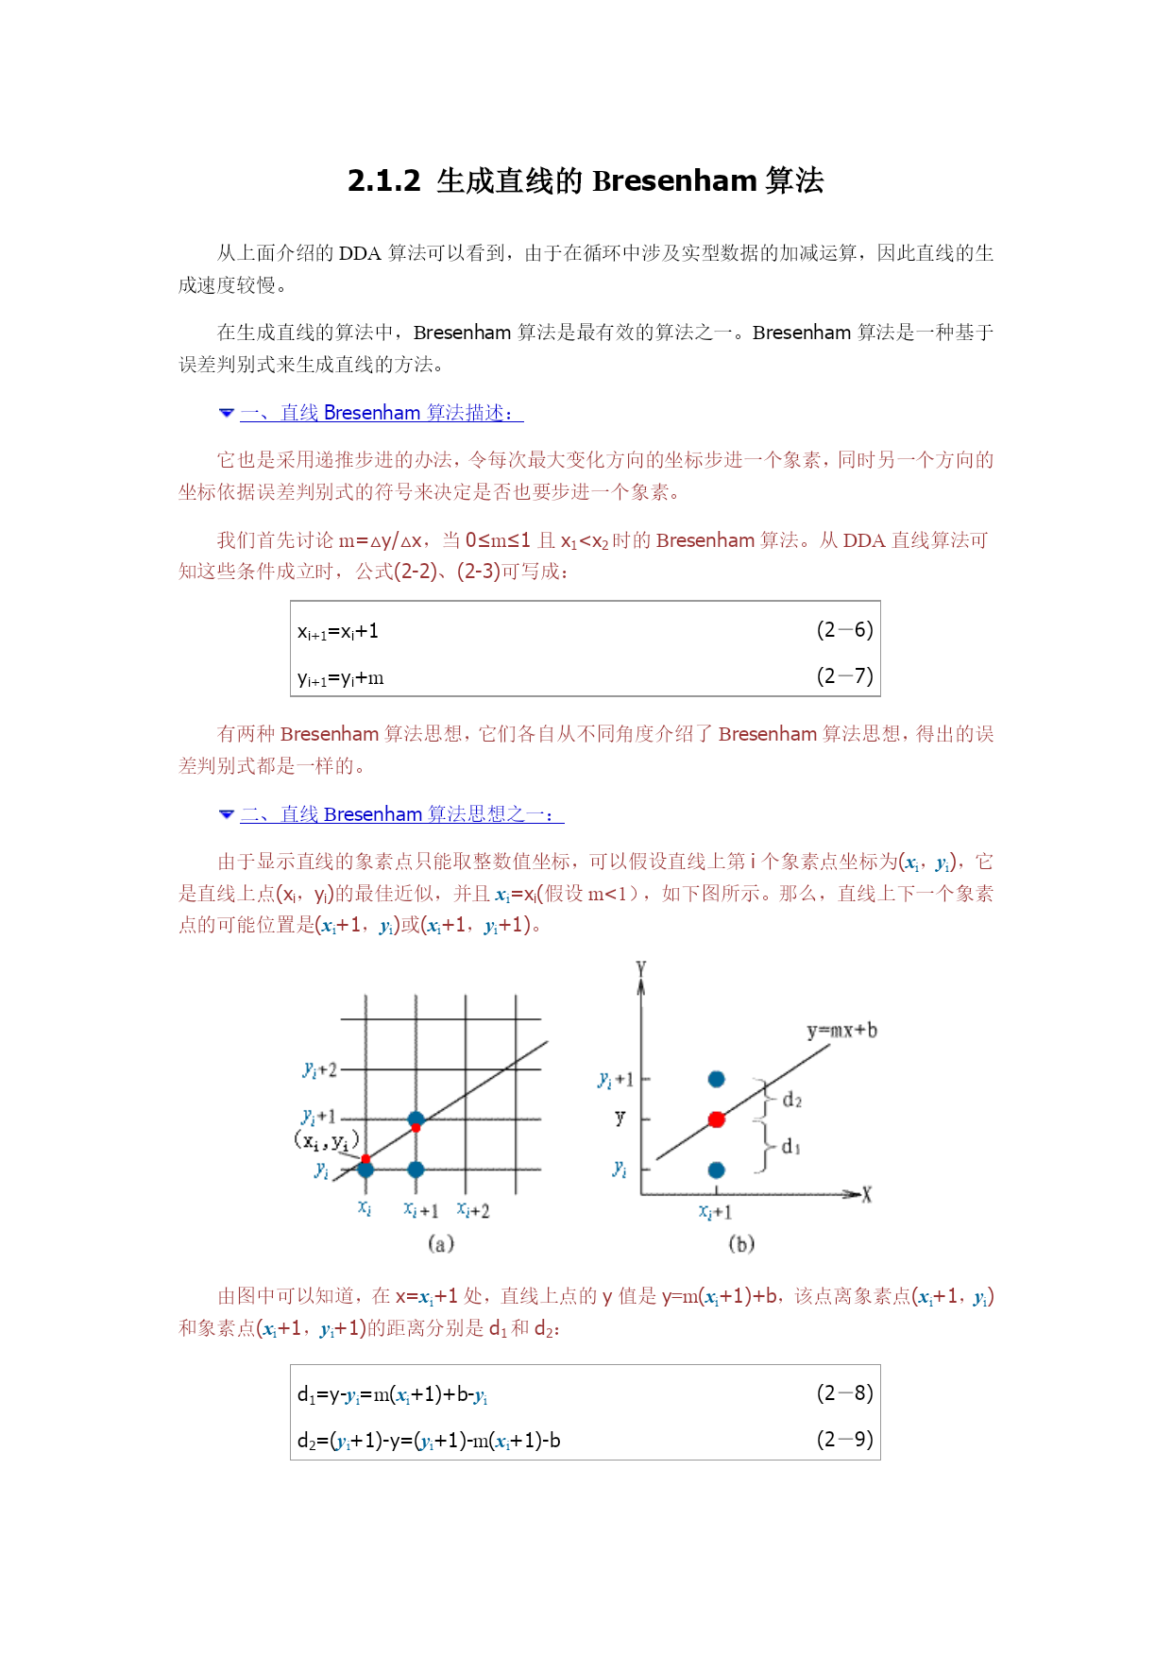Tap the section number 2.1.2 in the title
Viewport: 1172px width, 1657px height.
tap(383, 180)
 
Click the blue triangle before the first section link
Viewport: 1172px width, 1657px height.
tap(226, 413)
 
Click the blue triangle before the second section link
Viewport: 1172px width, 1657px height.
tap(226, 814)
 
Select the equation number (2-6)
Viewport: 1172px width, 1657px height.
tap(844, 630)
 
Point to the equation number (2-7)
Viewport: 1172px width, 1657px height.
tap(844, 676)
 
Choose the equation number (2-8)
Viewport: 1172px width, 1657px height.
tap(844, 1393)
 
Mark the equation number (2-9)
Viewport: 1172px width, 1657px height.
tap(844, 1440)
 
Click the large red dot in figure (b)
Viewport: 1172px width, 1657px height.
tap(717, 1119)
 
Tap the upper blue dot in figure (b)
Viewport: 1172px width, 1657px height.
tap(717, 1079)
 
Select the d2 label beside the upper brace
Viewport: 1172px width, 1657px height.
tap(791, 1101)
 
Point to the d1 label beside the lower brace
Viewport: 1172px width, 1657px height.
tap(791, 1147)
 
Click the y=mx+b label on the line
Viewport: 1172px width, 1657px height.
tap(841, 1031)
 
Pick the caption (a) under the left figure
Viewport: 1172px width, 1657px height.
tap(441, 1244)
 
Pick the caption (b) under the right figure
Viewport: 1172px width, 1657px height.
tap(741, 1244)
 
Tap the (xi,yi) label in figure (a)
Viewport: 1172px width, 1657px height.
tap(326, 1141)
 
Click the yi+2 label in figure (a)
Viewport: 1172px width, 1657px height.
tap(319, 1070)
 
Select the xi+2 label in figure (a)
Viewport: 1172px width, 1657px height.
tap(473, 1210)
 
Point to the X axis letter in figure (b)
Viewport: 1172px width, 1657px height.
tap(866, 1196)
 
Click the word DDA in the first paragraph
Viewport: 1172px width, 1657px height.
tap(360, 253)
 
